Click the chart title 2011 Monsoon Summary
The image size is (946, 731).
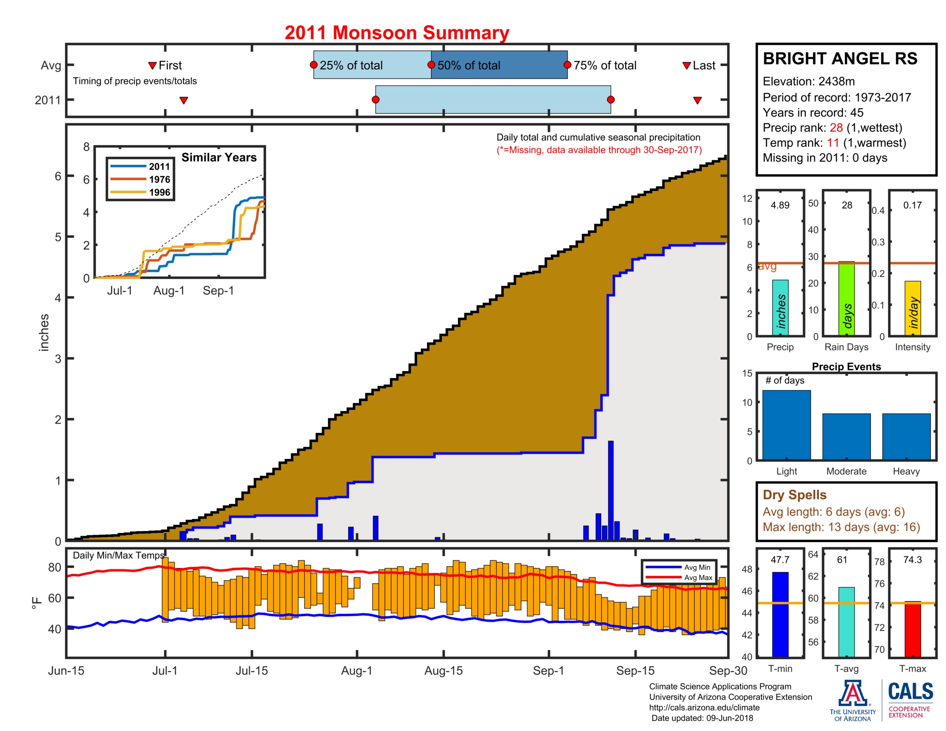click(x=396, y=33)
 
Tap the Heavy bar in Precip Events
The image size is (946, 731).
click(x=906, y=436)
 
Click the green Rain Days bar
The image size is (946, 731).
click(x=846, y=298)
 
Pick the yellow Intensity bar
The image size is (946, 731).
click(x=912, y=308)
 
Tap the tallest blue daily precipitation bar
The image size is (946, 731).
click(x=610, y=489)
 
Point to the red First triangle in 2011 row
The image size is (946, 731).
click(x=184, y=101)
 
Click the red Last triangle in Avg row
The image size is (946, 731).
click(x=686, y=66)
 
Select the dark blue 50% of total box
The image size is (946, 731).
click(x=498, y=65)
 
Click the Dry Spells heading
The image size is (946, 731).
click(x=794, y=494)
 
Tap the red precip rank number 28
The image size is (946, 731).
click(x=835, y=128)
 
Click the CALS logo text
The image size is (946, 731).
click(x=910, y=691)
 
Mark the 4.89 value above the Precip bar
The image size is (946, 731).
click(x=780, y=205)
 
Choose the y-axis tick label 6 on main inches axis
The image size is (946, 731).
click(x=58, y=176)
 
